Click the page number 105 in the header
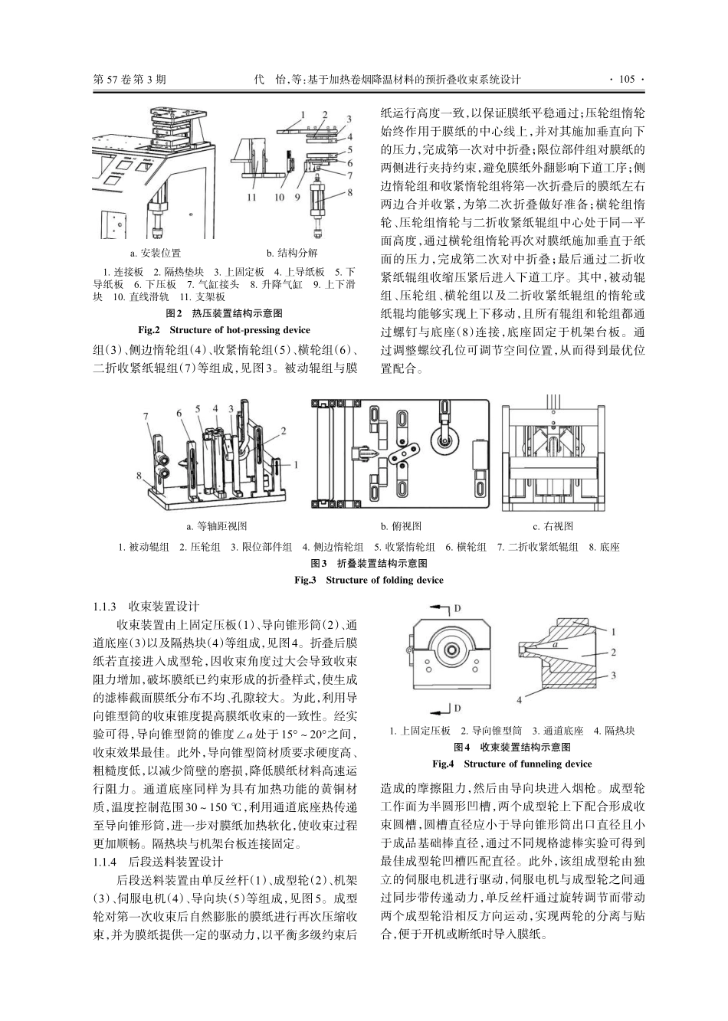point(626,79)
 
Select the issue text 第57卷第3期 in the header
point(128,79)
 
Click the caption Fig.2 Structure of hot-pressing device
point(224,330)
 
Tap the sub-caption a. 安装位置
point(155,254)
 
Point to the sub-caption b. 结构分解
point(291,254)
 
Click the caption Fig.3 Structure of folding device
point(369,580)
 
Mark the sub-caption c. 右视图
point(553,526)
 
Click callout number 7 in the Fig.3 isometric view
point(146,416)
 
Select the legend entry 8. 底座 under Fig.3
point(604,547)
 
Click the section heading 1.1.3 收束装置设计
point(145,606)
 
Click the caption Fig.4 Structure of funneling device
point(512,764)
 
